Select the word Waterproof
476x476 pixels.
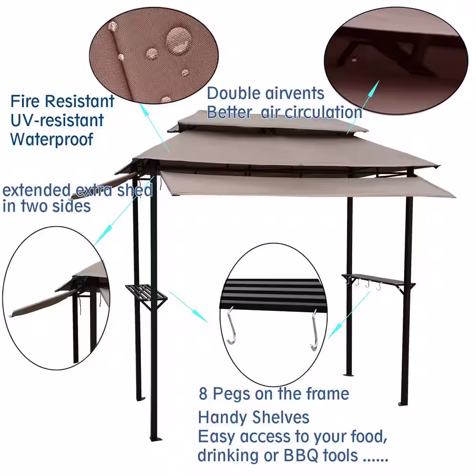click(x=52, y=139)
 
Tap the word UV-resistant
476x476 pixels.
click(x=57, y=120)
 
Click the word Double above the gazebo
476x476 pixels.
click(x=233, y=93)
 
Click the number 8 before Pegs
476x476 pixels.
click(x=203, y=394)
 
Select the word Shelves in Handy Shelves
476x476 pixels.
click(x=281, y=417)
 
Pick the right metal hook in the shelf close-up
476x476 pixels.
click(x=314, y=330)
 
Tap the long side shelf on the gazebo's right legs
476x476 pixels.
click(x=376, y=280)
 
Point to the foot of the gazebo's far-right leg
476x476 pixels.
click(x=403, y=403)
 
